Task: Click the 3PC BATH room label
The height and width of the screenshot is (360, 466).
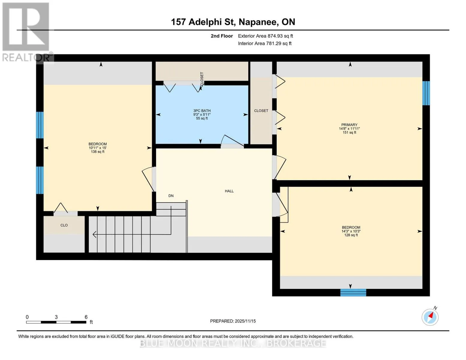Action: [202, 111]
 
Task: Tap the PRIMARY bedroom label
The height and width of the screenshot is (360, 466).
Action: [349, 125]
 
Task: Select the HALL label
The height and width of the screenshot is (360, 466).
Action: [229, 191]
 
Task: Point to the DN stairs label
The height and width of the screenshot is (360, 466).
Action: [171, 196]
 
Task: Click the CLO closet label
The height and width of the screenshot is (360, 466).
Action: [64, 225]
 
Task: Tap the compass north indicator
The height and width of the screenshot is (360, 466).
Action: [430, 317]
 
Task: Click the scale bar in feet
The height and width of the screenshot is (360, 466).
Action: [56, 322]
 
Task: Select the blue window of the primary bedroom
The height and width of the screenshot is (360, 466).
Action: [426, 93]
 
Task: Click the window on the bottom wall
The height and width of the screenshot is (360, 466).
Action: [353, 292]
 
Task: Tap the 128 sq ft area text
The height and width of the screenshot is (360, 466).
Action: [351, 235]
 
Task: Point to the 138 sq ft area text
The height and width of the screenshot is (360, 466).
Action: [98, 151]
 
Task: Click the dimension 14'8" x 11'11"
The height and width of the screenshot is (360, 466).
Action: [349, 129]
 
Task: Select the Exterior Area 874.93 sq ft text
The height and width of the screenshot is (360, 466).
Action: [265, 36]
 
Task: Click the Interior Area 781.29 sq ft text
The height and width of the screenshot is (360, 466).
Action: [265, 43]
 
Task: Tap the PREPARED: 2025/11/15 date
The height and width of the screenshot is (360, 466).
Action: [233, 321]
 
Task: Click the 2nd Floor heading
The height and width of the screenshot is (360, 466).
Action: [222, 36]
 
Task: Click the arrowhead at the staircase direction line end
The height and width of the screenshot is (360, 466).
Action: [94, 235]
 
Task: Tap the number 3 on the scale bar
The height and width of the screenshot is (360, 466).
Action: [56, 317]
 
